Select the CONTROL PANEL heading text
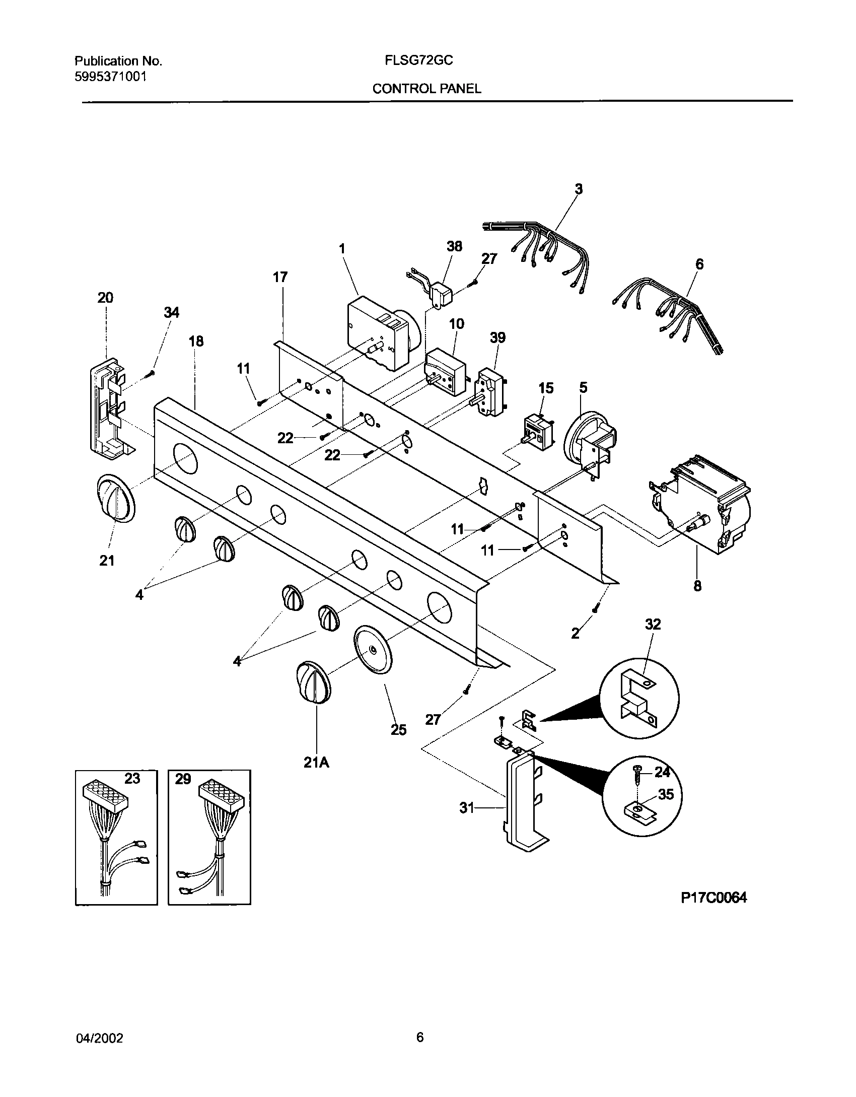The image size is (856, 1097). point(426,89)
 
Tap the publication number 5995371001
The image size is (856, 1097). point(111,77)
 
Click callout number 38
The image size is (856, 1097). point(454,246)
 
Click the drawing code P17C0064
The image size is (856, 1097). point(714,897)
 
